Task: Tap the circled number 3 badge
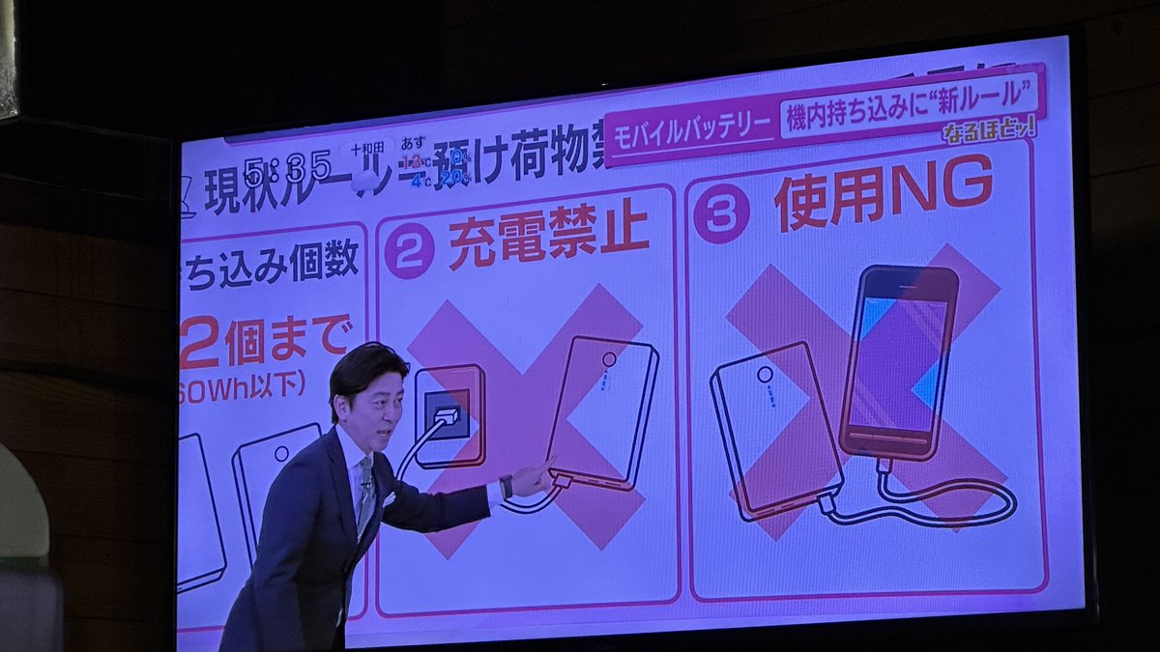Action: click(721, 213)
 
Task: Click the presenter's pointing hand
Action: click(532, 478)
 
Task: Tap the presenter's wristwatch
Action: click(506, 486)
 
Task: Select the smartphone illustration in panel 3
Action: click(898, 361)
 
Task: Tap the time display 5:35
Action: click(288, 169)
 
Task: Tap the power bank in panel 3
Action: click(776, 431)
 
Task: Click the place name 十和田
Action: click(368, 150)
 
